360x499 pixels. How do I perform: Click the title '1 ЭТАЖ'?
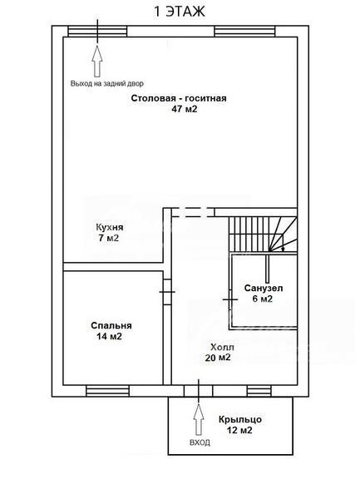point(180,12)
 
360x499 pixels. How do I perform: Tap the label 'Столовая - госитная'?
point(179,98)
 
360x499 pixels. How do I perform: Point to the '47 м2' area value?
point(185,109)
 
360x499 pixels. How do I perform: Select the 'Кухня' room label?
point(110,228)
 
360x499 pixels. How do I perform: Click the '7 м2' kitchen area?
point(108,238)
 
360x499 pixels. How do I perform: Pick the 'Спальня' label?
point(111,326)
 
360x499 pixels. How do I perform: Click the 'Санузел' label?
point(264,289)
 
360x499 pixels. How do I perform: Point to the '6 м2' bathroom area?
point(263,299)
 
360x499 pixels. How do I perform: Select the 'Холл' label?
point(222,347)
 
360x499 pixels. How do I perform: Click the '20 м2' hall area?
point(218,358)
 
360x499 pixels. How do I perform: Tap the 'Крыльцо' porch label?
point(240,420)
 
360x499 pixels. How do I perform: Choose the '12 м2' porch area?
point(239,431)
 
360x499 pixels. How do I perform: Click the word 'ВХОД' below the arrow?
point(200,442)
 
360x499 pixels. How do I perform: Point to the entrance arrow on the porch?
point(199,419)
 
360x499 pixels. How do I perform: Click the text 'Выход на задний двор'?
point(107,84)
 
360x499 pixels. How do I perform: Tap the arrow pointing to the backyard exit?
point(97,61)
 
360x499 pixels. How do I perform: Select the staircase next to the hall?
point(263,234)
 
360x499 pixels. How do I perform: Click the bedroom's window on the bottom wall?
point(107,391)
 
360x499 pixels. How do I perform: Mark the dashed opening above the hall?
point(193,212)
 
